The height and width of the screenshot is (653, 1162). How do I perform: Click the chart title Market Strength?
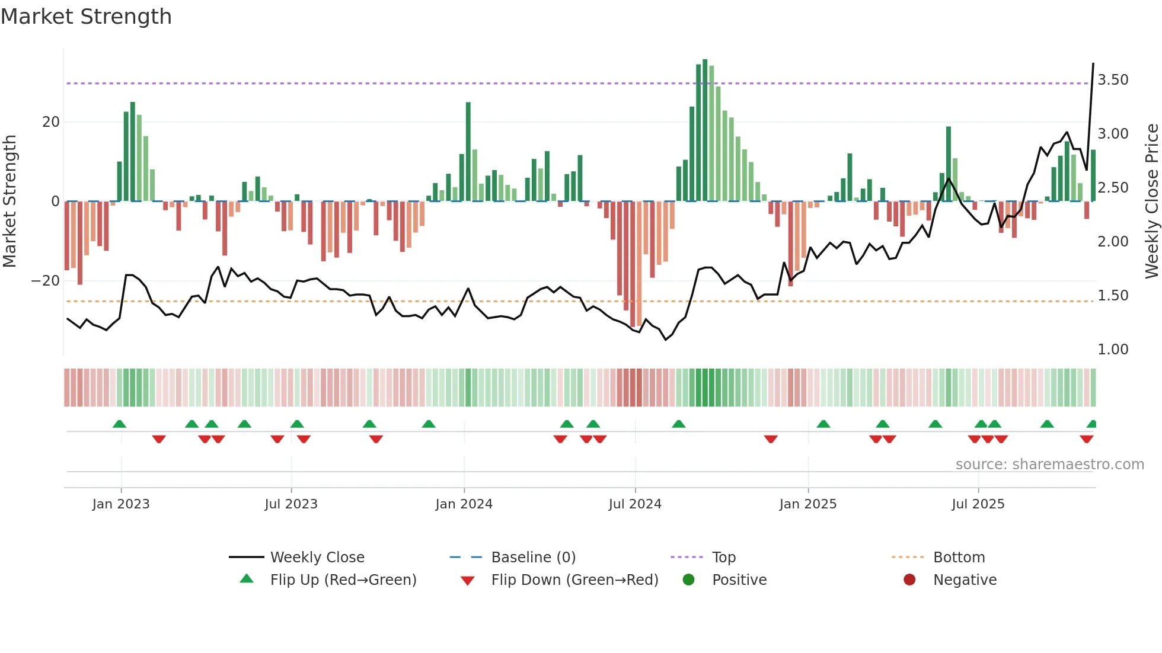[86, 17]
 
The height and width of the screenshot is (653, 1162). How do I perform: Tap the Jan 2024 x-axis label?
[464, 504]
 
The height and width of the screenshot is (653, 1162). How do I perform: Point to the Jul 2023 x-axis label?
[291, 504]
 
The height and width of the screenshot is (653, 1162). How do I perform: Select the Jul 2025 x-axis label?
[978, 504]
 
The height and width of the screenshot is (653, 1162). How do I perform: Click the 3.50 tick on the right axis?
[1113, 80]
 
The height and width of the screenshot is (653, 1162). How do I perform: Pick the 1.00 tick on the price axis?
[1113, 350]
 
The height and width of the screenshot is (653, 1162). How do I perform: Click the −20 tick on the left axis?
[46, 281]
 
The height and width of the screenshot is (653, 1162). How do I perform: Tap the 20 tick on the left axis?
[51, 122]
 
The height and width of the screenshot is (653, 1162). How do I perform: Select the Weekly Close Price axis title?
[1151, 201]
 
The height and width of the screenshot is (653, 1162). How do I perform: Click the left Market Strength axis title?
[9, 201]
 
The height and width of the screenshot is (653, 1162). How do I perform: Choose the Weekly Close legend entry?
[317, 558]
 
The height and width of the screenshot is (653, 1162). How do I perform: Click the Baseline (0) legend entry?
[533, 558]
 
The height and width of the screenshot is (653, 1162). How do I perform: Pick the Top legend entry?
[723, 558]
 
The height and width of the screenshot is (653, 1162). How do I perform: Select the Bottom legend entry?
[959, 558]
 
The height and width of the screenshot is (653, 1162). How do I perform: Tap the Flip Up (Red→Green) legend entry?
[343, 580]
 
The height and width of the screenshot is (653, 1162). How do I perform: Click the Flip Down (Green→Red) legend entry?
[574, 580]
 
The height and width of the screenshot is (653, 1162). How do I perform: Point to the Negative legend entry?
[964, 580]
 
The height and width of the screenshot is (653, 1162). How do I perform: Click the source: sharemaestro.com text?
[1049, 465]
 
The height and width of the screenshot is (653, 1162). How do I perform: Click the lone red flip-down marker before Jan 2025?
[771, 439]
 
